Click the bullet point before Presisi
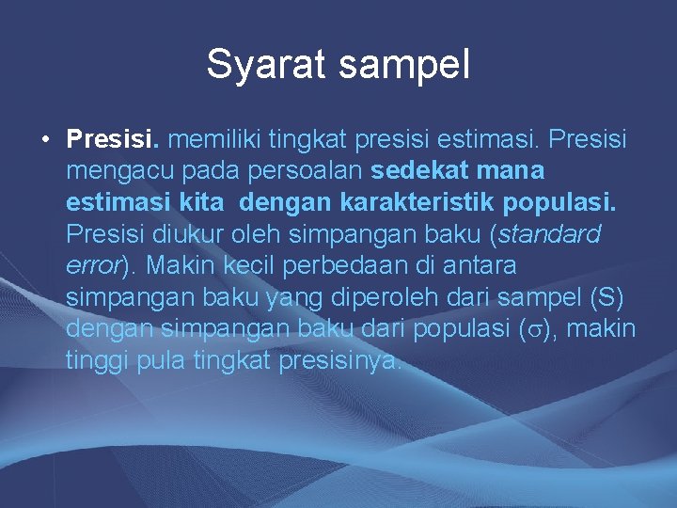point(45,141)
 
